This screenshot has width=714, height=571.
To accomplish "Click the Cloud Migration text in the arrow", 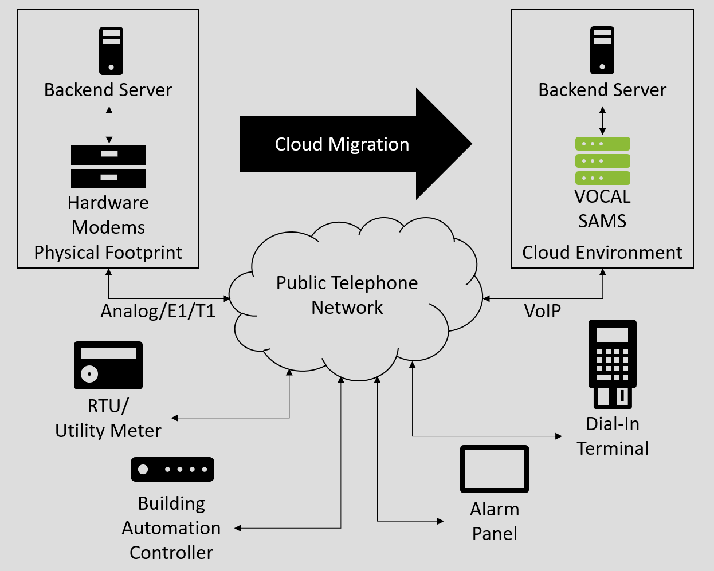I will pos(342,144).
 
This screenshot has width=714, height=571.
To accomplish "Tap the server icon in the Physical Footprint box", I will pos(111,51).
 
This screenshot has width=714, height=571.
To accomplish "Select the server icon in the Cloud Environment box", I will pos(602,51).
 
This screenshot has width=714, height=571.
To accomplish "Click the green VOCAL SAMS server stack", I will pos(602,161).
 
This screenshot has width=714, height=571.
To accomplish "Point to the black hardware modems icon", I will pos(108,167).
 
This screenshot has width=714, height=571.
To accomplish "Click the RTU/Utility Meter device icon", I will pos(108,365).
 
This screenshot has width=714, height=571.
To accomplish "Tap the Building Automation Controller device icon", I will pos(172,469).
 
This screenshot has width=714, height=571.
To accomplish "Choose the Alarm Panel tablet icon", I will pos(495,469).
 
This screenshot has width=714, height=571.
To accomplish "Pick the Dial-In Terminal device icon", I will pos(613,364).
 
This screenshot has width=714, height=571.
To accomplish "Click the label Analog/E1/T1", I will pos(158,311).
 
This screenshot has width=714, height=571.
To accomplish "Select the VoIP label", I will pos(542,311).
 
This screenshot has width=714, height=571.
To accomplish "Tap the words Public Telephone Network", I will pos(347,295).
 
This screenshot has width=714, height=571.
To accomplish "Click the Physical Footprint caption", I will pos(108,253).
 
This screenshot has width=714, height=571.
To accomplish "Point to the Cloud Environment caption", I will pos(602,253).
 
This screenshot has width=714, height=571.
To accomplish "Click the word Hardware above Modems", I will pos(108,203).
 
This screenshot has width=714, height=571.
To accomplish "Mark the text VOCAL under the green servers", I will pos(602,196).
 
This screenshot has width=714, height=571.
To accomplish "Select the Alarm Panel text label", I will pos(495,521).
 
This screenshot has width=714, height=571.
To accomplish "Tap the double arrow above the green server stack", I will pos(602,121).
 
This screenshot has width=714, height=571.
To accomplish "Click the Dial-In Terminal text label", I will pos(613,436).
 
